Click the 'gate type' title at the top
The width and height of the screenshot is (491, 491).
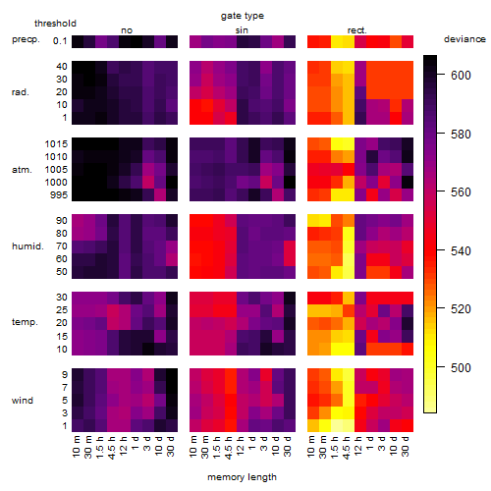pyautogui.click(x=243, y=17)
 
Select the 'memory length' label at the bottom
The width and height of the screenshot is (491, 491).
pyautogui.click(x=242, y=477)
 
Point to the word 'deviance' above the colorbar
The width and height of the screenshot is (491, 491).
pyautogui.click(x=464, y=39)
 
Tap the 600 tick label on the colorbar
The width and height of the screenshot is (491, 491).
pyautogui.click(x=461, y=76)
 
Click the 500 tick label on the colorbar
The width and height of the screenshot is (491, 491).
pyautogui.click(x=461, y=368)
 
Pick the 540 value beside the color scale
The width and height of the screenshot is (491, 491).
pyautogui.click(x=461, y=251)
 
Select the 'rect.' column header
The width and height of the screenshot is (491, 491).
pyautogui.click(x=357, y=30)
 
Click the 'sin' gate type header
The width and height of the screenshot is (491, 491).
pyautogui.click(x=242, y=30)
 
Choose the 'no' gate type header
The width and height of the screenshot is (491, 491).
pyautogui.click(x=127, y=30)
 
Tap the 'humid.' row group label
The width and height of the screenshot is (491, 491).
pyautogui.click(x=27, y=246)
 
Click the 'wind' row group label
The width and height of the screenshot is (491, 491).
pyautogui.click(x=23, y=401)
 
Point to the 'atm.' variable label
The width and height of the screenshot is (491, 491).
pyautogui.click(x=22, y=170)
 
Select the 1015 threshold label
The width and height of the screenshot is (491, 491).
pyautogui.click(x=56, y=144)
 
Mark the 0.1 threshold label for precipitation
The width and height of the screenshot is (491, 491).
pyautogui.click(x=60, y=41)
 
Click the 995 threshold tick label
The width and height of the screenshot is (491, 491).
pyautogui.click(x=59, y=195)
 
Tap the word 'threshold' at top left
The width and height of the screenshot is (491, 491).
pyautogui.click(x=55, y=24)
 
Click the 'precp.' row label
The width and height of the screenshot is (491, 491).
pyautogui.click(x=26, y=40)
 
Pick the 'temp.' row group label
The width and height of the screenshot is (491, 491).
pyautogui.click(x=25, y=322)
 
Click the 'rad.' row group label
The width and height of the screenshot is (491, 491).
pyautogui.click(x=21, y=92)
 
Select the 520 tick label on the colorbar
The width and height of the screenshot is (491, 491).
pyautogui.click(x=461, y=309)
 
